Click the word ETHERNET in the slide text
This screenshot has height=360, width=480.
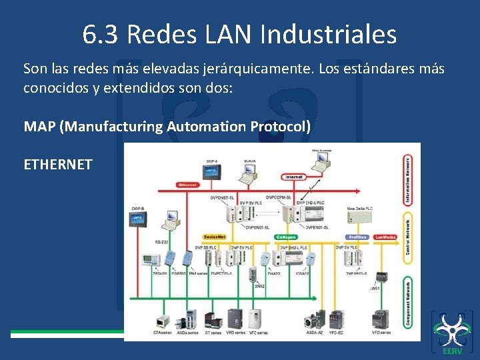point(58,164)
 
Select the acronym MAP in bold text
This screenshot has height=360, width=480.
point(39,126)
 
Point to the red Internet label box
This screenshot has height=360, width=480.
point(294,177)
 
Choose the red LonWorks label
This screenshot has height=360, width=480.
point(385,237)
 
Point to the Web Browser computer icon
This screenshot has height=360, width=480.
point(321,161)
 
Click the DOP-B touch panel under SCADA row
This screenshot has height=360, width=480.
point(141,219)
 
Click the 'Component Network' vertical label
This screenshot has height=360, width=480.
point(407,303)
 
